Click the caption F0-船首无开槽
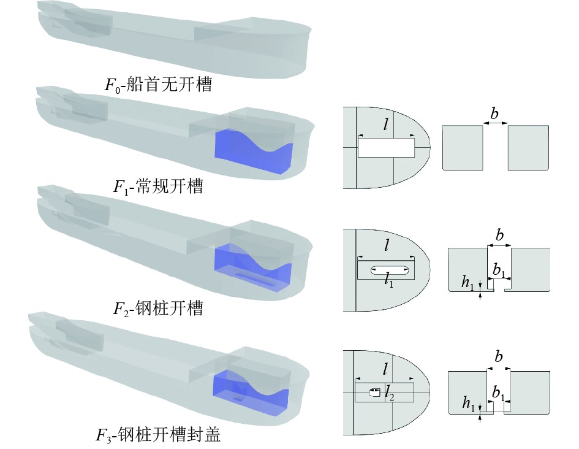158,85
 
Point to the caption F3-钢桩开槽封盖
158,436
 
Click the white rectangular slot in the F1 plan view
385,148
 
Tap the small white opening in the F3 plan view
374,393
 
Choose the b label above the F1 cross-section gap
495,114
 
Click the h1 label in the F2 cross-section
469,282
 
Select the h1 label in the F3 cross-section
469,404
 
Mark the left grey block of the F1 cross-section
463,147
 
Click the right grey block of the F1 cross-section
528,147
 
